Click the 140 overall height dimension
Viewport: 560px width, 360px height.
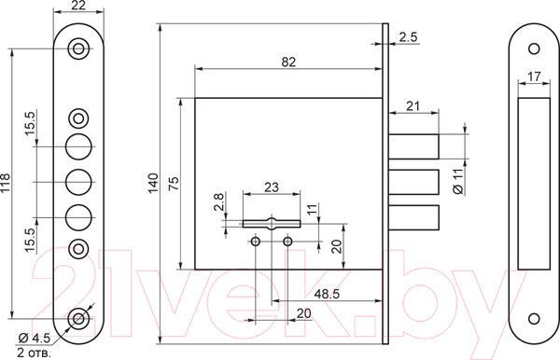coord(153,183)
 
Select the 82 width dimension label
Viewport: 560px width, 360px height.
coord(288,62)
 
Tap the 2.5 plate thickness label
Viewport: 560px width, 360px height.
coord(408,37)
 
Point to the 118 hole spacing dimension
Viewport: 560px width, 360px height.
coord(5,183)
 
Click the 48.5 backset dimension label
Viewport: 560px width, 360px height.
coord(327,294)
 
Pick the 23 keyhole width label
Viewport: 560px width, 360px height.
coord(272,187)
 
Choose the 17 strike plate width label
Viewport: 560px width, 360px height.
coord(534,76)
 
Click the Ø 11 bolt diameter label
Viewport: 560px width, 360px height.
coord(458,181)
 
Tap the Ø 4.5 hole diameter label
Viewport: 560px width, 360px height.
coord(35,338)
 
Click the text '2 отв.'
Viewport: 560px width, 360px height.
coord(35,353)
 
